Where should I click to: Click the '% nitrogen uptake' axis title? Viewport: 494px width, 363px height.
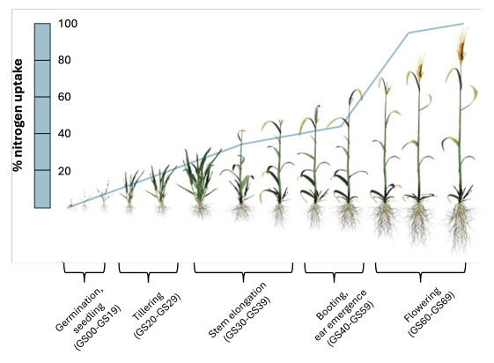tap(18, 115)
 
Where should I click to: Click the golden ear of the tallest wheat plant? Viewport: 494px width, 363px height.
tap(462, 44)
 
